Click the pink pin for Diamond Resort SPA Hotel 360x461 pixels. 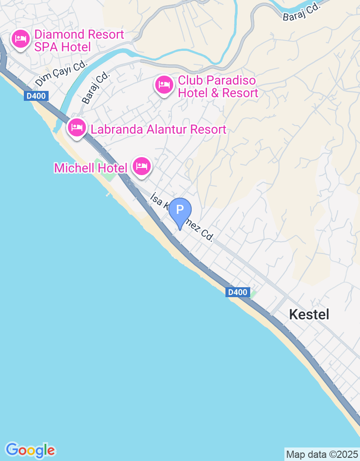(x=20, y=39)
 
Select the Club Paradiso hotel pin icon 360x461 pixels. (x=164, y=85)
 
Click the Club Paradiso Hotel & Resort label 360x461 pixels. (x=218, y=87)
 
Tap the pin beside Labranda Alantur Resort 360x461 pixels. (x=77, y=128)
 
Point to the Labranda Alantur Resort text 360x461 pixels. (x=158, y=130)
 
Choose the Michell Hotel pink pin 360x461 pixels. (x=142, y=166)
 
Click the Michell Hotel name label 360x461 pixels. (x=90, y=168)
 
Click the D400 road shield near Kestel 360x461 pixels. (x=237, y=292)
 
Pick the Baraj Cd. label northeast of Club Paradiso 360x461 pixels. (x=301, y=12)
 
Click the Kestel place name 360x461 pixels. (x=309, y=314)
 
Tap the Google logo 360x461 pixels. (x=31, y=450)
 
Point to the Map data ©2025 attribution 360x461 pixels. (x=322, y=454)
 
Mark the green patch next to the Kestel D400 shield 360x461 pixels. (x=253, y=294)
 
